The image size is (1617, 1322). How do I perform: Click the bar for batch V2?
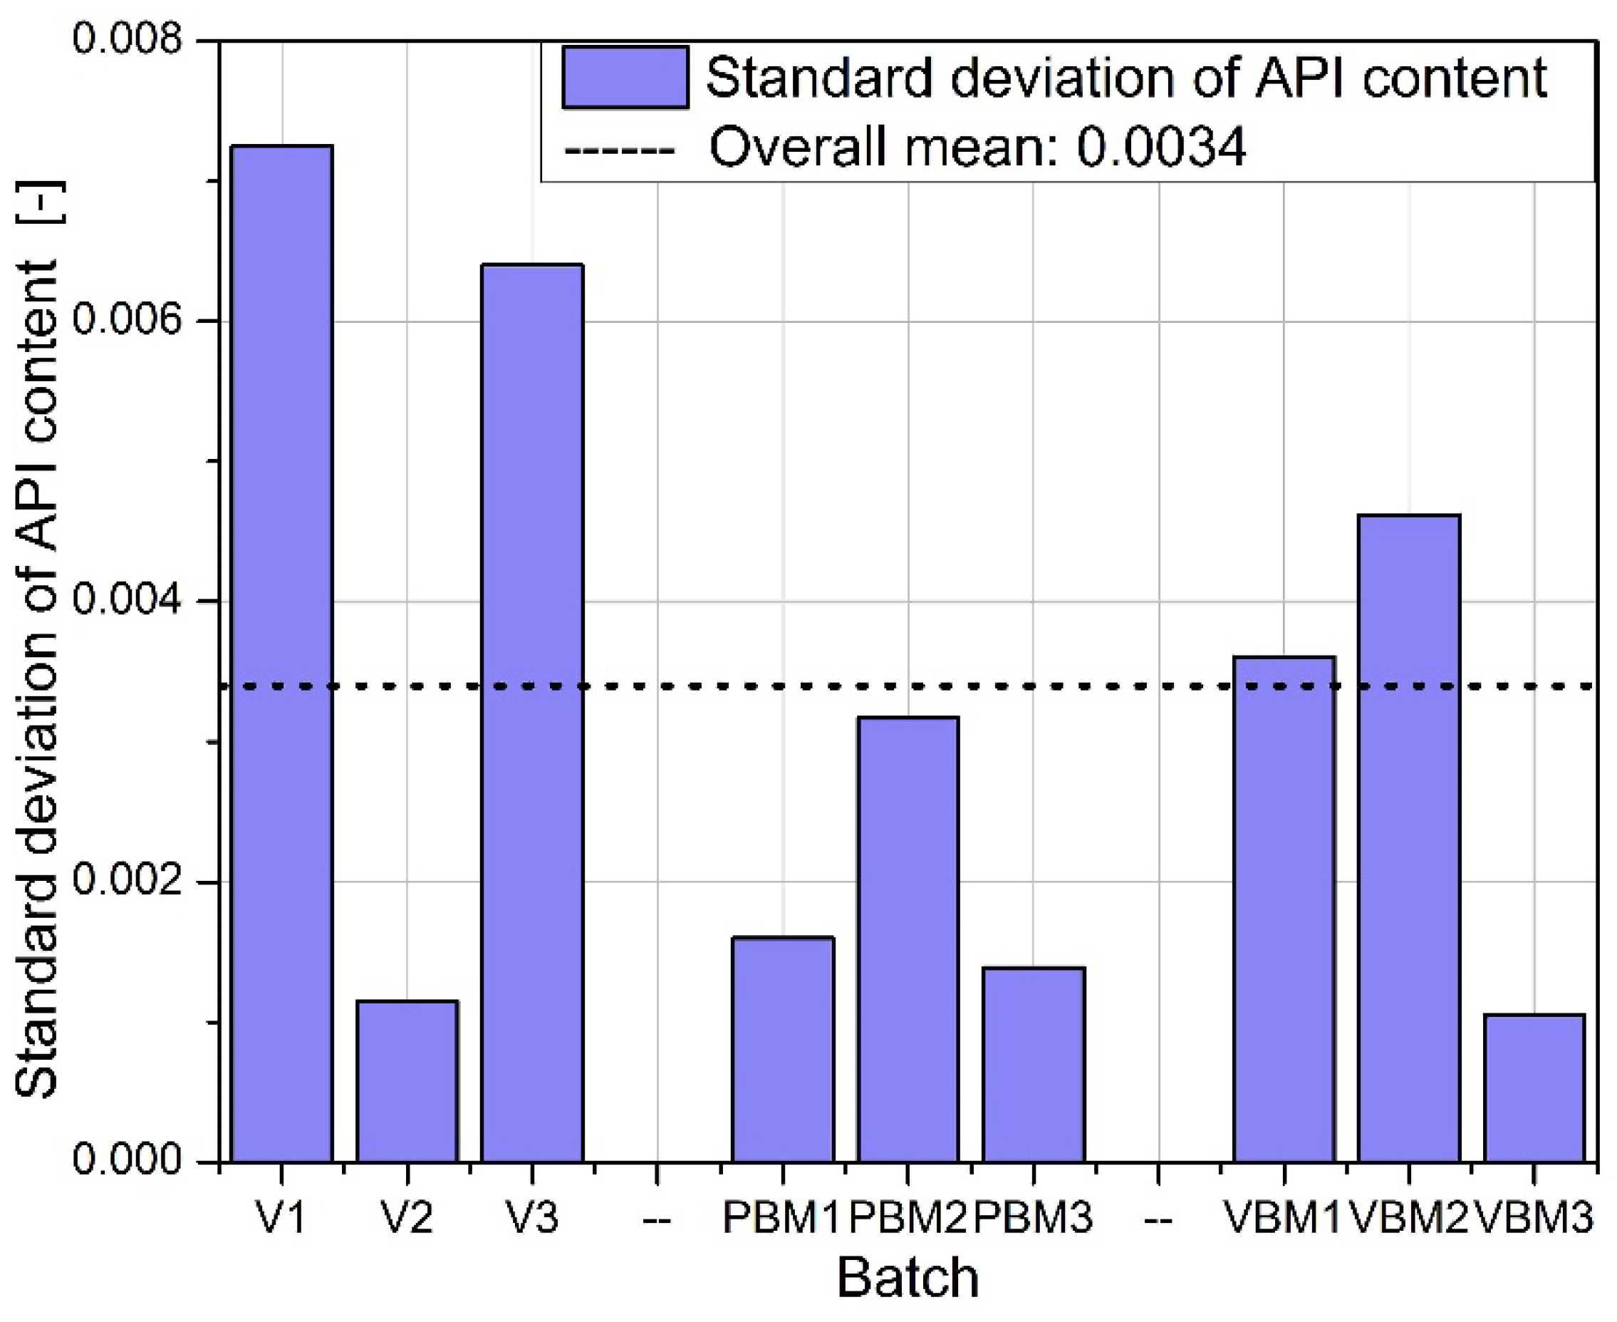pos(407,1080)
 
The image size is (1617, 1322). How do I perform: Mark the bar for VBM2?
pos(1408,837)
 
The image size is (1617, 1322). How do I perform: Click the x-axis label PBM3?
pos(1033,1218)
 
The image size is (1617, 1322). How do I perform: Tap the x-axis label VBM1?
pos(1283,1218)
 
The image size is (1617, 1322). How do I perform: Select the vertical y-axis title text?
pos(38,640)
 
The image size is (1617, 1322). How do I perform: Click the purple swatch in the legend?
pos(625,77)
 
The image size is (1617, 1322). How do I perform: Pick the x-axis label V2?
pos(407,1218)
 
